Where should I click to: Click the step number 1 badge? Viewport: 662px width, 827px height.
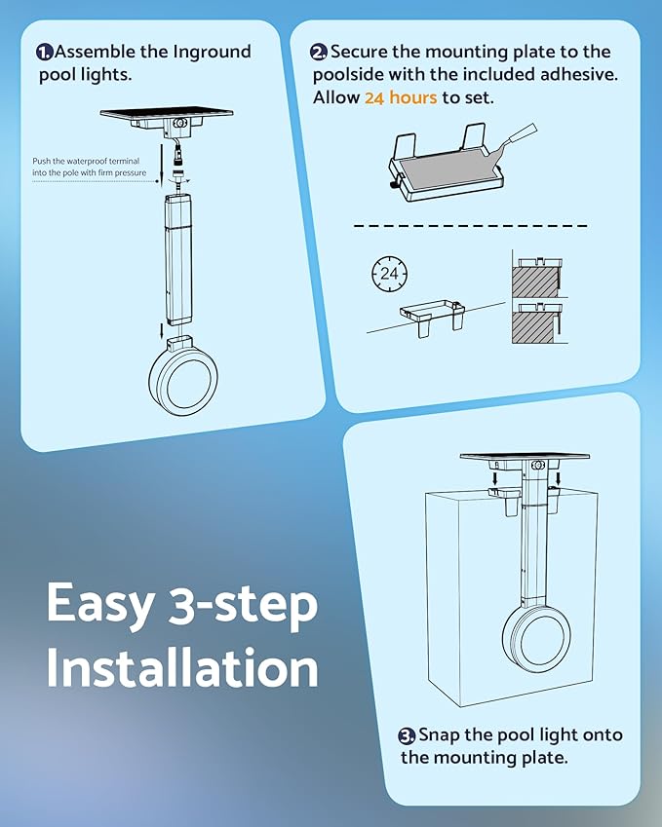tap(45, 53)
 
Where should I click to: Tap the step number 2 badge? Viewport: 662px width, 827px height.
tap(319, 53)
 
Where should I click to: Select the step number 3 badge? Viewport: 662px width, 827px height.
tap(407, 735)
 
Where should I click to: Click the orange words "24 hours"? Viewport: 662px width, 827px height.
tap(401, 97)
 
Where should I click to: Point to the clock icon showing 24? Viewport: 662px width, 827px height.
tap(389, 274)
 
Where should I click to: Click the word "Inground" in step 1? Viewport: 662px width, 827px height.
tap(213, 53)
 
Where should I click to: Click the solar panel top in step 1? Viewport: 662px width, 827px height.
tap(167, 113)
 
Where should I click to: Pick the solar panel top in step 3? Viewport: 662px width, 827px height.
tap(525, 456)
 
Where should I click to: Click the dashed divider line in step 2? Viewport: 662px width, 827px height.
tap(470, 226)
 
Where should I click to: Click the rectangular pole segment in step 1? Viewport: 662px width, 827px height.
tap(178, 260)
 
